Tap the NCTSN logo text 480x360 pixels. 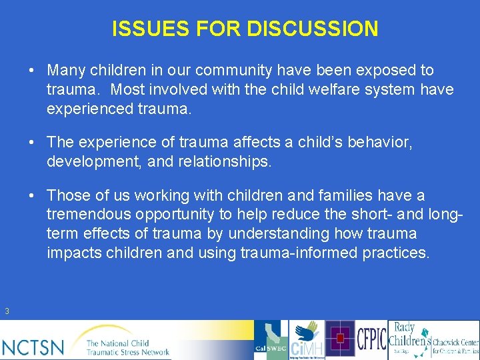pyautogui.click(x=33, y=347)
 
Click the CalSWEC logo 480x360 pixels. pyautogui.click(x=271, y=340)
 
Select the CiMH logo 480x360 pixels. pyautogui.click(x=307, y=340)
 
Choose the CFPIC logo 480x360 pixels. pyautogui.click(x=371, y=339)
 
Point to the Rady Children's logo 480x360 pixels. pyautogui.click(x=408, y=339)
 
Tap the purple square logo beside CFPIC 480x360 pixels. pyautogui.click(x=340, y=339)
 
